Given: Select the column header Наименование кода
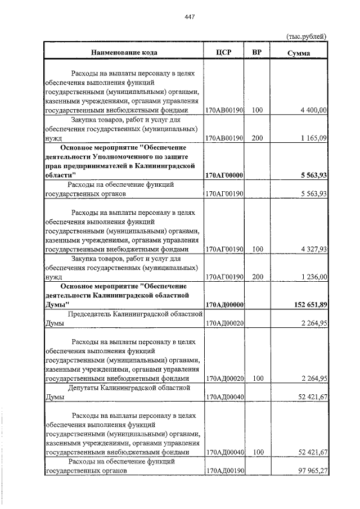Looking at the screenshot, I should point(124,52).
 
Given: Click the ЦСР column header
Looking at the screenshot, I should point(224,52).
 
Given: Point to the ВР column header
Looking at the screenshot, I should point(257,52).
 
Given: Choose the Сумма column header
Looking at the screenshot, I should point(299,53).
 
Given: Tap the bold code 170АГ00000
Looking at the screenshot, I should point(224,175).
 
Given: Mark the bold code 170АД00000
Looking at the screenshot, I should point(224,305).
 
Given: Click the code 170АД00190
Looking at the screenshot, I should point(224,471).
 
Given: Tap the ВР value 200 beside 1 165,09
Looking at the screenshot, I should point(257,137).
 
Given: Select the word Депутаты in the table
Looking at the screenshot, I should point(88,388).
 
